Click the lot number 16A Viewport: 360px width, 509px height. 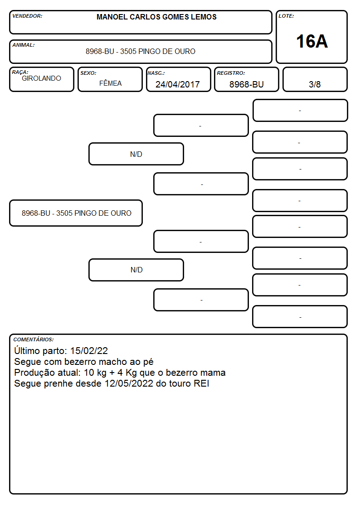click(311, 42)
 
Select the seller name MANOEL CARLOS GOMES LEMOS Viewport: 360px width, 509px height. click(156, 17)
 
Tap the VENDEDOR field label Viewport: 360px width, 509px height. click(27, 16)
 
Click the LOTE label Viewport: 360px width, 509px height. click(286, 16)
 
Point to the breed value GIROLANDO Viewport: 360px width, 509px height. click(41, 78)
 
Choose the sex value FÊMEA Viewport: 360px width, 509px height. click(110, 83)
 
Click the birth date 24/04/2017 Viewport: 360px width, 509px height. click(178, 84)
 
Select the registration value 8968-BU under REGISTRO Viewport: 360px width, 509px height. click(246, 84)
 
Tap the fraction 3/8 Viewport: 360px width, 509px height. click(315, 84)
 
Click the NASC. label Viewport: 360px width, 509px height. click(156, 73)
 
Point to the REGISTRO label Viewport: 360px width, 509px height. click(231, 73)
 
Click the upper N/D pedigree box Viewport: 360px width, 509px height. click(136, 154)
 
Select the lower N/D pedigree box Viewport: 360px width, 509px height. click(136, 270)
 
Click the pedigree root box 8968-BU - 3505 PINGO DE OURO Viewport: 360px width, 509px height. click(76, 213)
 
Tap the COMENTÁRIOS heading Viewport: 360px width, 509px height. click(34, 339)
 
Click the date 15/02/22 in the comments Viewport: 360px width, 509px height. click(89, 350)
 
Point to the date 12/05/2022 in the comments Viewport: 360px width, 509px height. click(129, 383)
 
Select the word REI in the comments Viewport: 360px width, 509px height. click(201, 383)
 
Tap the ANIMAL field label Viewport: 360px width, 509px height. click(24, 45)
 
